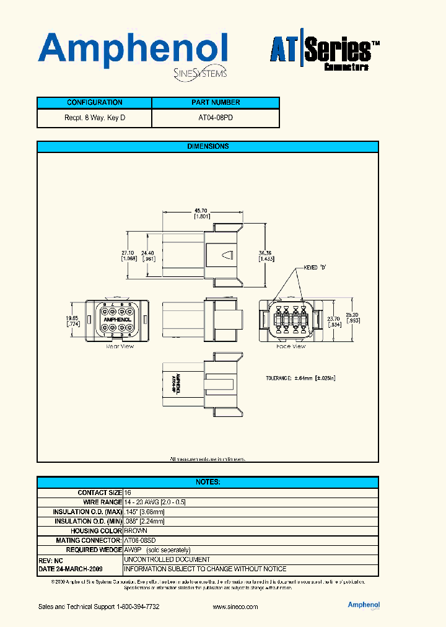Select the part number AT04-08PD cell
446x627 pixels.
[216, 117]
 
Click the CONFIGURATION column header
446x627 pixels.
[94, 102]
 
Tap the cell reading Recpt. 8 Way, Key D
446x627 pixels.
[94, 117]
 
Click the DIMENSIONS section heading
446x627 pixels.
[208, 146]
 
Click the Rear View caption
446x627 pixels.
[120, 347]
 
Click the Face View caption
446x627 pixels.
[291, 347]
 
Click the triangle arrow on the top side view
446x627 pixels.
[228, 255]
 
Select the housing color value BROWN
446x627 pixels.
[136, 531]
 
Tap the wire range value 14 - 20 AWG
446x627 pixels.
[155, 502]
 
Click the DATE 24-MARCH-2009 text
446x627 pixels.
[71, 569]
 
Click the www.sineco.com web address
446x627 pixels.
[235, 607]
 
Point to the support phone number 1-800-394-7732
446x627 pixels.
[138, 607]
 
